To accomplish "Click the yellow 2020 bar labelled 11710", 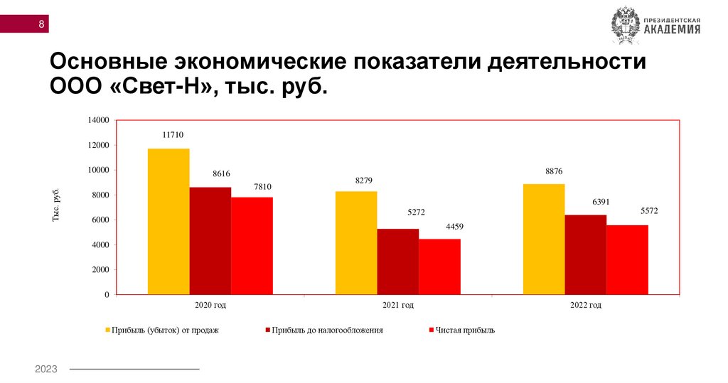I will tap(168, 221).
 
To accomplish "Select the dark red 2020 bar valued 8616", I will tap(210, 240).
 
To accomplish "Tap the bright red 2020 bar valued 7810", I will tap(252, 245).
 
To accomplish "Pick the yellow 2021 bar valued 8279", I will tap(356, 242).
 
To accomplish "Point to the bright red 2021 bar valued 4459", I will tap(439, 266).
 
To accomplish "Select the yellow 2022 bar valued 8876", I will tap(544, 239).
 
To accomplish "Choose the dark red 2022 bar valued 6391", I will tap(586, 254).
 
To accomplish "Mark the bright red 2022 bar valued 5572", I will tap(627, 259).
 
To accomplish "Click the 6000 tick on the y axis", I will tap(100, 220).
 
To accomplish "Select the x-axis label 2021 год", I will tap(397, 306).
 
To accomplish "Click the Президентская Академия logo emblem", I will tap(626, 25).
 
